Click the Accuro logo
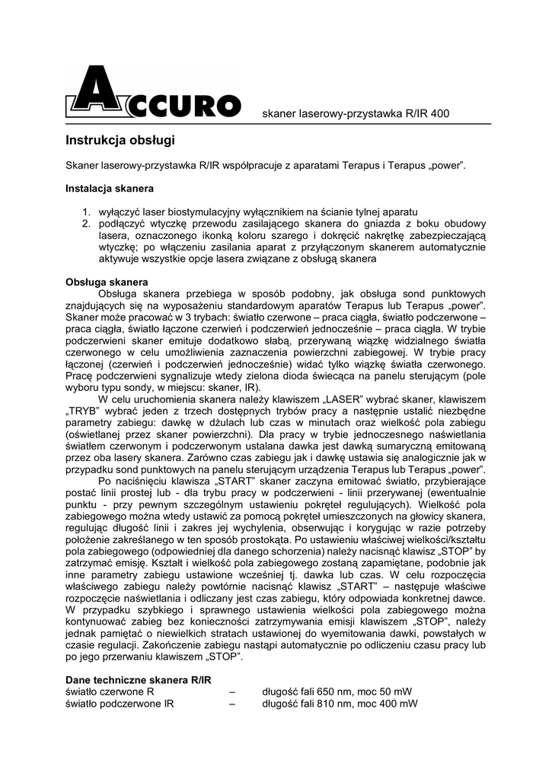153,96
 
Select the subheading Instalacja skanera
110,187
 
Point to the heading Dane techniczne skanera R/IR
138,679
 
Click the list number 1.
86,211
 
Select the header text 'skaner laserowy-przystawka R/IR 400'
355,114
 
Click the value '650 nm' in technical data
334,692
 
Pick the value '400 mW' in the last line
397,704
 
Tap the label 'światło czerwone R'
110,692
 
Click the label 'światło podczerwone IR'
120,704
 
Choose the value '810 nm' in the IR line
334,704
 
